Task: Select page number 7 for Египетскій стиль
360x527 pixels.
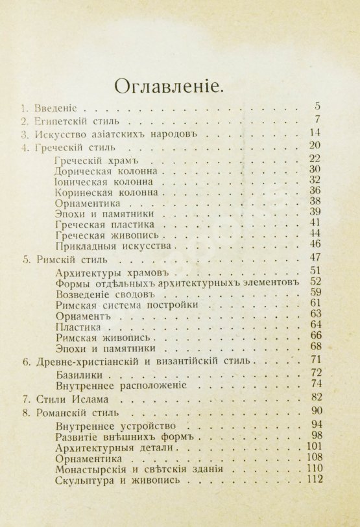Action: pos(317,120)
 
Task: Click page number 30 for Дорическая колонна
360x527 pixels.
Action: pos(316,170)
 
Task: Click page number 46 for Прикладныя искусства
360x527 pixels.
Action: pos(316,244)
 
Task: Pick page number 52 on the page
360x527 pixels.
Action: pos(316,281)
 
